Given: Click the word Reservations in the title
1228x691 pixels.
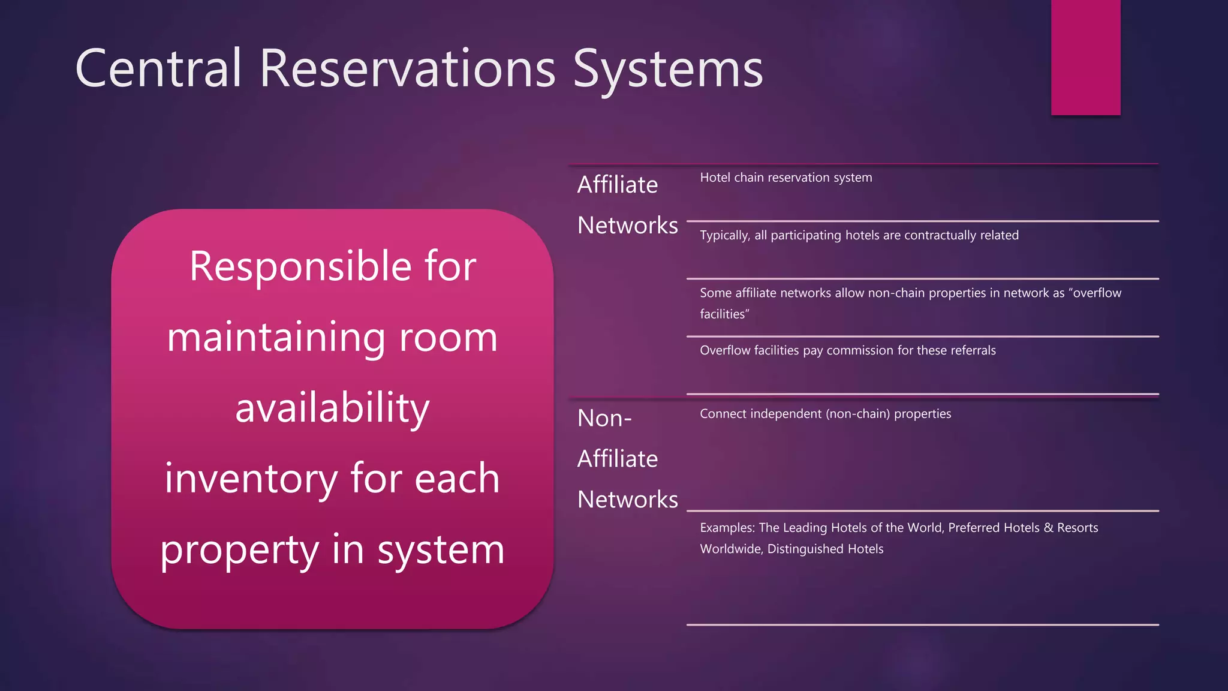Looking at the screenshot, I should [x=408, y=68].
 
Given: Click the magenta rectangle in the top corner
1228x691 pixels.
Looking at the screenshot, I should [x=1085, y=57].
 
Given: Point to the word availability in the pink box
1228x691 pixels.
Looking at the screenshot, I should [x=332, y=408].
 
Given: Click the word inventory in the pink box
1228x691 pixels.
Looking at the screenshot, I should [x=251, y=479].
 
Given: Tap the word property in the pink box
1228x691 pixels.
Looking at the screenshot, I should [x=239, y=551].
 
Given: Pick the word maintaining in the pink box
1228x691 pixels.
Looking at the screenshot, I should [x=276, y=337].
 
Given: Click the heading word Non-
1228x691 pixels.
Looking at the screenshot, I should [x=604, y=418].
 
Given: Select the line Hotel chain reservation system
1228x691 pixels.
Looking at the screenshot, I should [x=785, y=178].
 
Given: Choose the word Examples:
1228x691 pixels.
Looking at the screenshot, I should [x=727, y=528].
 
